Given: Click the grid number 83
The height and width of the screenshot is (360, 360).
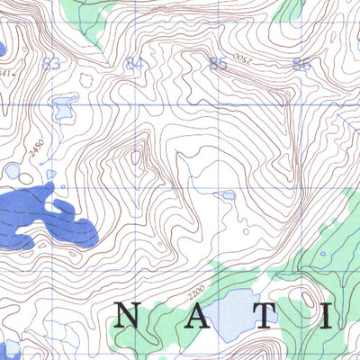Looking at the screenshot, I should (50, 63).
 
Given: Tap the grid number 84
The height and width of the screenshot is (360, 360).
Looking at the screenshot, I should (135, 63).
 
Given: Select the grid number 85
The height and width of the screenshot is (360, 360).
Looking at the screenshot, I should (217, 63).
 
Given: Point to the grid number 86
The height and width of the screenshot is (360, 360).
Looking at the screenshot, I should (301, 63).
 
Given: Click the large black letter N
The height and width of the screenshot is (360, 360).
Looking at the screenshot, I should (128, 315).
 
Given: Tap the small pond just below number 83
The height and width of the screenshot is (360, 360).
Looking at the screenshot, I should (62, 109).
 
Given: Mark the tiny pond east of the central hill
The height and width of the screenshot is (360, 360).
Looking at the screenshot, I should (228, 194).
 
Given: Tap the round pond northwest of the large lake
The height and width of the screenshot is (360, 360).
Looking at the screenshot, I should (13, 170).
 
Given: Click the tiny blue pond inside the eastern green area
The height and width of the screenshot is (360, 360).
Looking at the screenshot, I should (322, 253).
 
